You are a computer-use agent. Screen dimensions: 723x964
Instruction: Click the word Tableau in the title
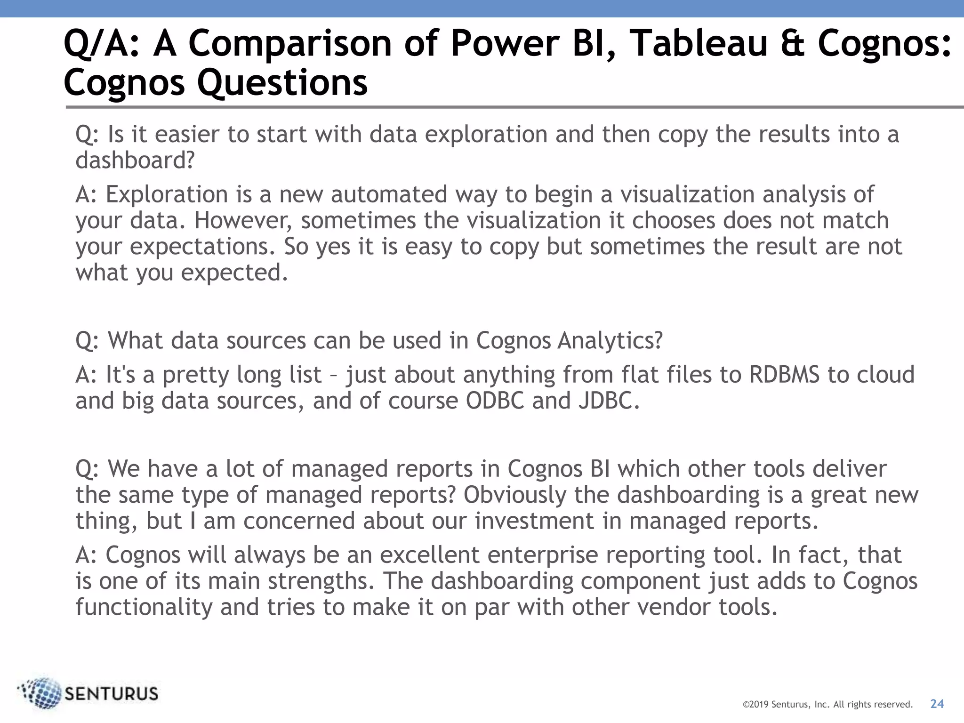click(698, 43)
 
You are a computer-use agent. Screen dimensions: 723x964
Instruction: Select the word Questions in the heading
click(282, 83)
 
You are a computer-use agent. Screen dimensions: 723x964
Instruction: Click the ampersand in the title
click(793, 43)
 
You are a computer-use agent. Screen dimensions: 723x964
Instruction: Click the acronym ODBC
click(495, 401)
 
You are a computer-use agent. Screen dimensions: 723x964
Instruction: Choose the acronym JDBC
click(608, 401)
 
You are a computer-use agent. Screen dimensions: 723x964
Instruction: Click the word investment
click(534, 521)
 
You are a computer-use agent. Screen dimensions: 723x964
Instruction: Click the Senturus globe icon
click(41, 693)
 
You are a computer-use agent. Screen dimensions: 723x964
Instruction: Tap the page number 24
click(937, 704)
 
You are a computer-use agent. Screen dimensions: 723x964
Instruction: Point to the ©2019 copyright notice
click(827, 705)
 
